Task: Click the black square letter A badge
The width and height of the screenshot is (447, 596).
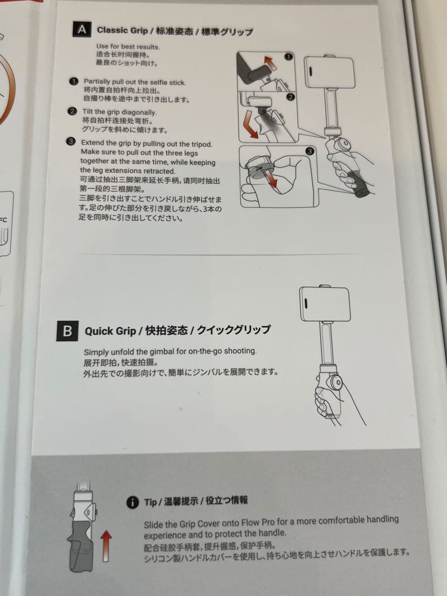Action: pos(81,29)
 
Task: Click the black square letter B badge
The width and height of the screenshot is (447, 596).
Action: pos(67,331)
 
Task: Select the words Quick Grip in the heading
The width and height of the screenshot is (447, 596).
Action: pos(110,331)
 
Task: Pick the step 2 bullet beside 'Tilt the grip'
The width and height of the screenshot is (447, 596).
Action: pos(72,111)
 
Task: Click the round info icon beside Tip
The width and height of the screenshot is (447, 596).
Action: pos(132,502)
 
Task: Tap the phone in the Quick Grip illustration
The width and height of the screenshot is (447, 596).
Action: pos(324,305)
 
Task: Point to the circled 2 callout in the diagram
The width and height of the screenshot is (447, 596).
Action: pos(290,97)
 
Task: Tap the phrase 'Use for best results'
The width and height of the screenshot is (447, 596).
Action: pos(127,46)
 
